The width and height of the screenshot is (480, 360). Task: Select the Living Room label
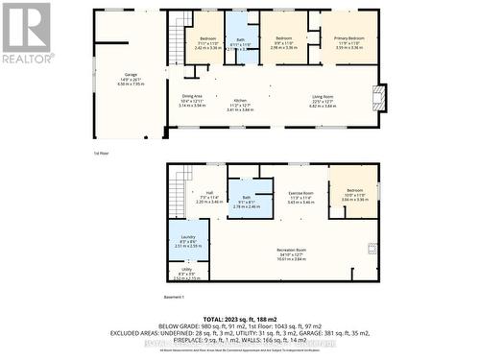(322, 102)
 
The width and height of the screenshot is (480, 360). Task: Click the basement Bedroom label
(353, 196)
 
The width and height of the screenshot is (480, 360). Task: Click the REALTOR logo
(27, 33)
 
